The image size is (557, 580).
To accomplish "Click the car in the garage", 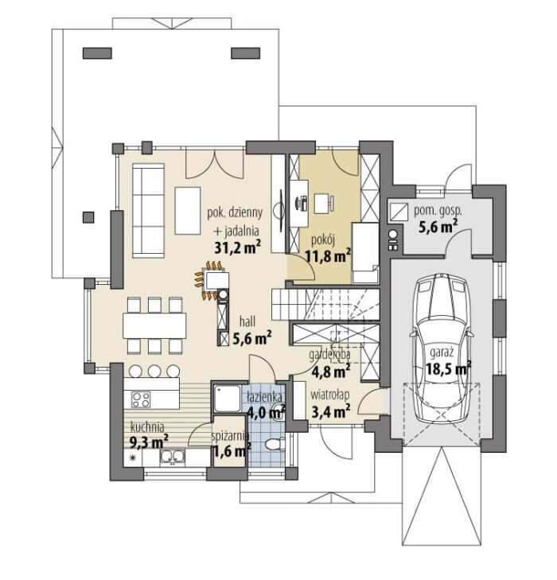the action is [x=442, y=349].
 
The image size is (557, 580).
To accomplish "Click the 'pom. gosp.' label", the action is [x=438, y=211].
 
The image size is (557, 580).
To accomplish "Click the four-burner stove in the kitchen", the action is [x=142, y=399].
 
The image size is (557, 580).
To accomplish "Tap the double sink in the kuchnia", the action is [x=172, y=457].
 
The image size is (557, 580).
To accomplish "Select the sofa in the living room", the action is [x=148, y=211].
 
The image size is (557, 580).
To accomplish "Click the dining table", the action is [x=154, y=325].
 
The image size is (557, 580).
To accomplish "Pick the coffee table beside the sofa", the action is [x=188, y=211].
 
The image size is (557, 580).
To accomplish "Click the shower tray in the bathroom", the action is [x=227, y=399].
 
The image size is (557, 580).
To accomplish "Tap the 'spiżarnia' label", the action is [x=229, y=437].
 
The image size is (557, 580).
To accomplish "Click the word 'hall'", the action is [x=247, y=321].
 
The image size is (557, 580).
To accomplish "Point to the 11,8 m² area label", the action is [x=328, y=256].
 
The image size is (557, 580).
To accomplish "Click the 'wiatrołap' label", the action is [x=330, y=395].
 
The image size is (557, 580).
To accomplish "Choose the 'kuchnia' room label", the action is [x=147, y=427].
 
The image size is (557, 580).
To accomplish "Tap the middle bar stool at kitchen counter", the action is [x=154, y=371].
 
